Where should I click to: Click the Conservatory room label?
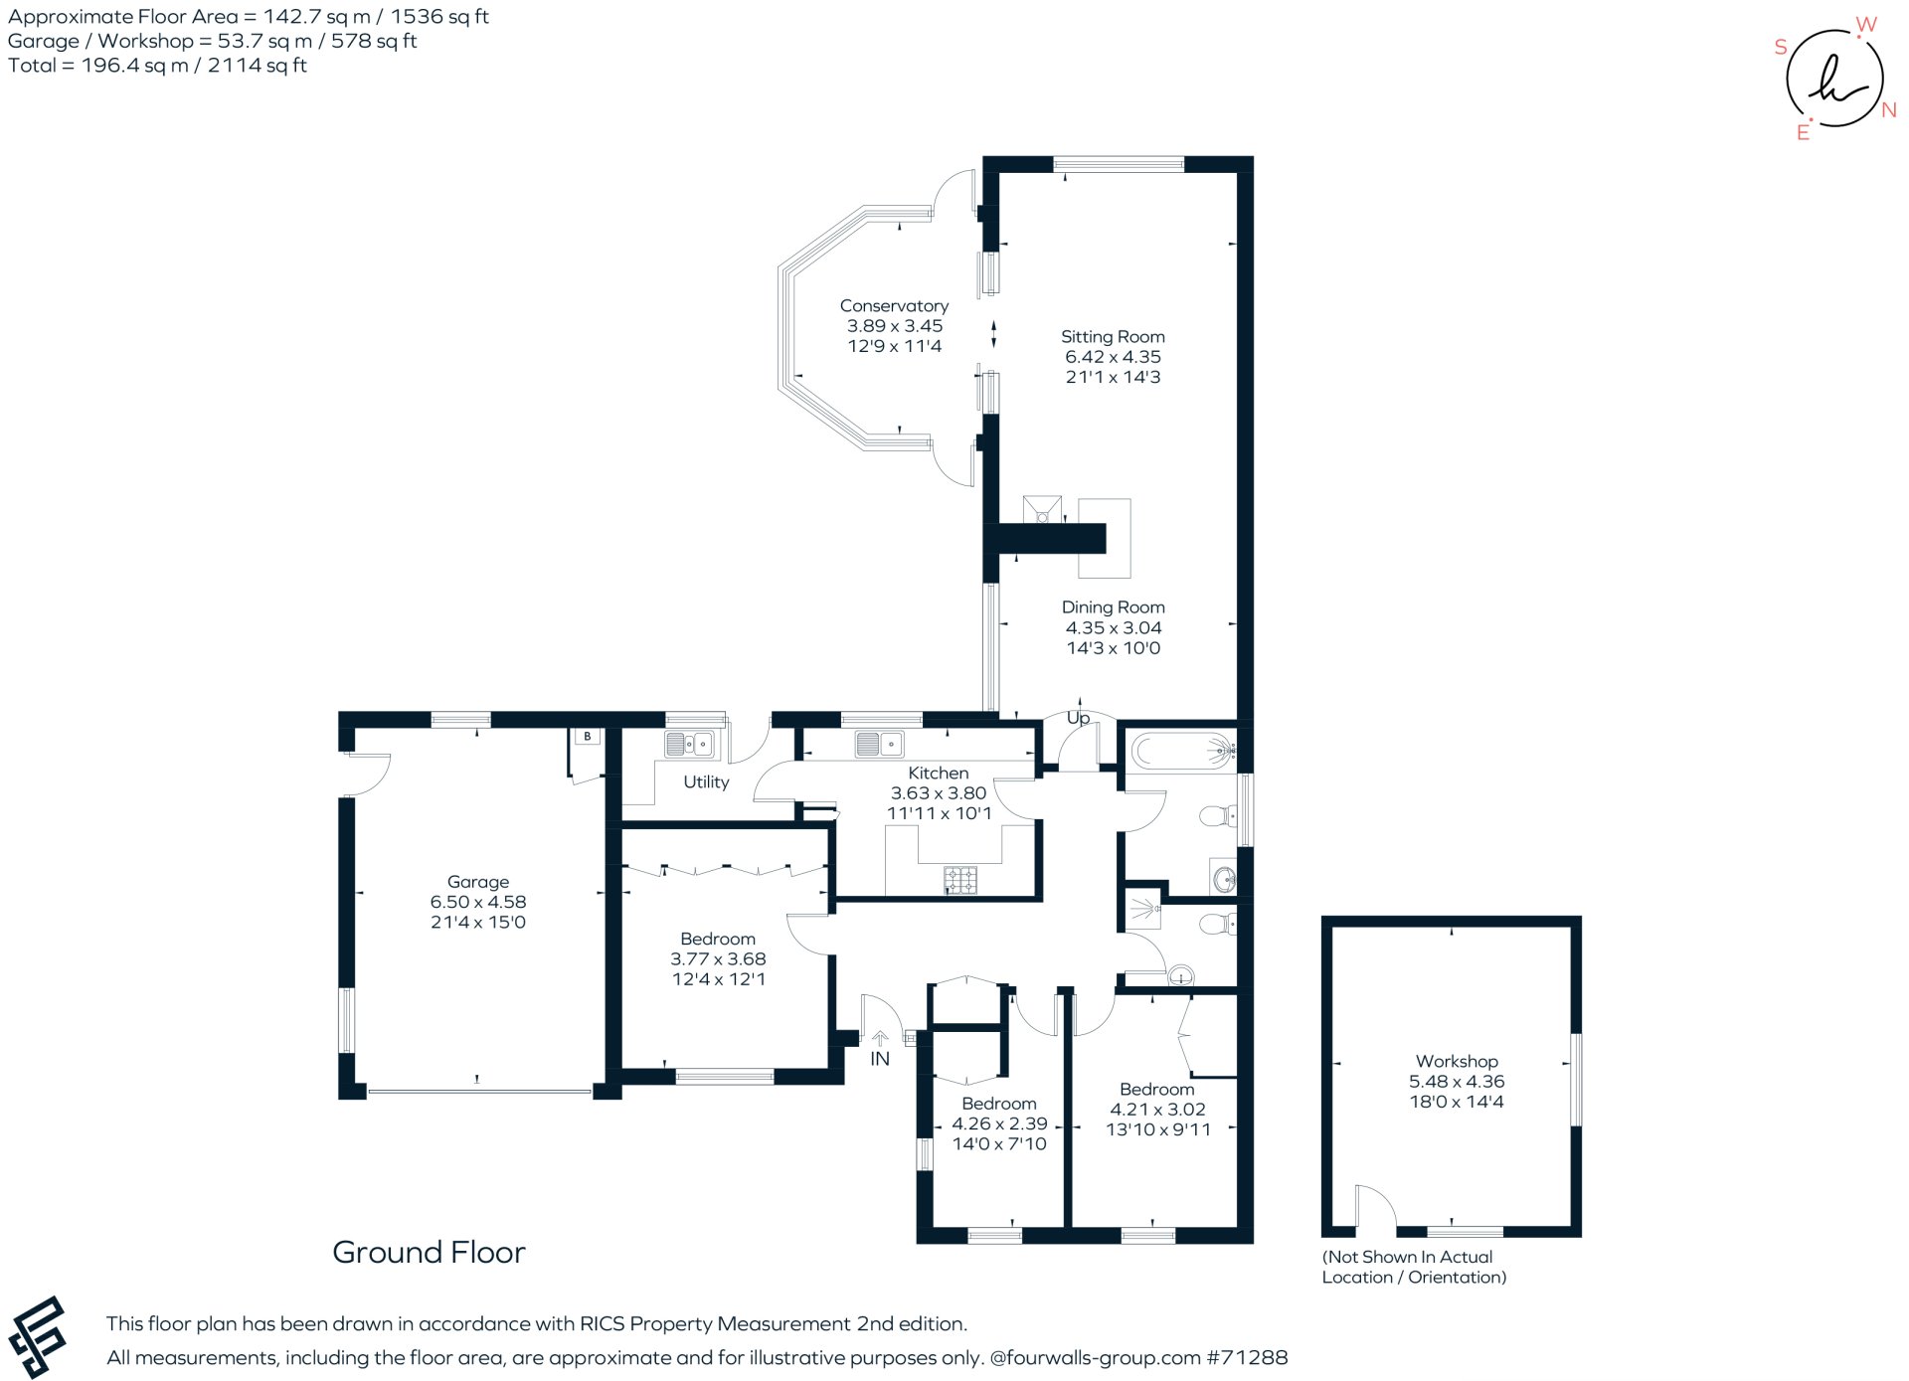tap(894, 306)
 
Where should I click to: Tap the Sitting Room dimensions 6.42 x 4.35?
tap(1113, 357)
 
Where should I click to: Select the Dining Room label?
tap(1113, 607)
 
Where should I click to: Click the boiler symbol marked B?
tap(588, 737)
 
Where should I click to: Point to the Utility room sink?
tap(688, 744)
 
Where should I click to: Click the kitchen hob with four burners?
tap(959, 879)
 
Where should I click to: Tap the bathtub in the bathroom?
tap(1181, 751)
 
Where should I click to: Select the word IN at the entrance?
tap(880, 1059)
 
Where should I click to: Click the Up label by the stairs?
tap(1078, 718)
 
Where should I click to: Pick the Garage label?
tap(478, 882)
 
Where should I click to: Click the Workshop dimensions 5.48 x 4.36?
tap(1456, 1082)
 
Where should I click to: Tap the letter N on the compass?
tap(1889, 110)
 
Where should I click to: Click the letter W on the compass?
tap(1866, 25)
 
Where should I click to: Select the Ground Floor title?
tap(429, 1252)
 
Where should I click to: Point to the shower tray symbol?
tap(1144, 909)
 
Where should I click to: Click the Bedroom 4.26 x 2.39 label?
tap(999, 1104)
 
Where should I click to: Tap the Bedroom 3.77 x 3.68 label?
tap(718, 940)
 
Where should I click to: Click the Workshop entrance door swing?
tap(1375, 1207)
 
